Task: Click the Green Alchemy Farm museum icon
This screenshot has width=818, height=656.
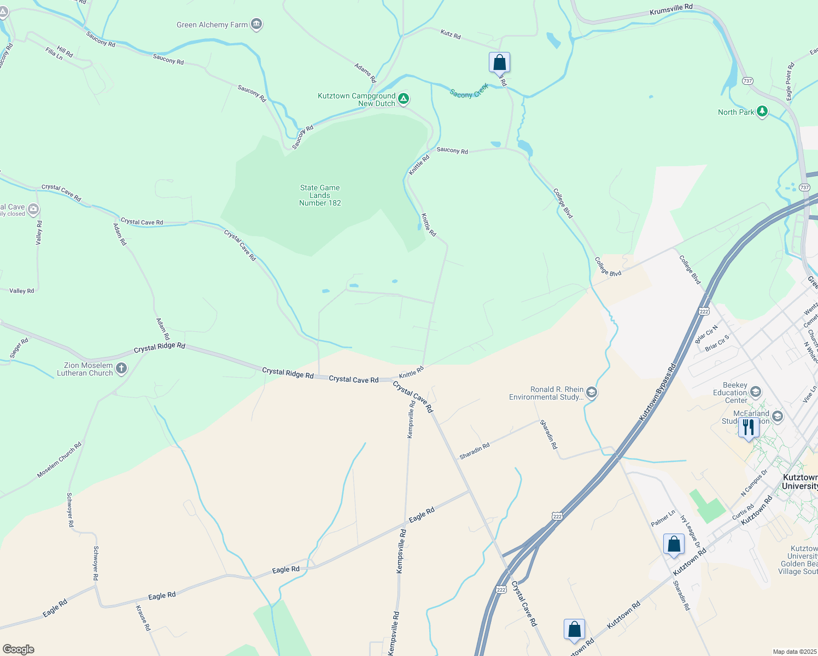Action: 256,24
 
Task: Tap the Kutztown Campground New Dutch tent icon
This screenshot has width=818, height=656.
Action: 403,99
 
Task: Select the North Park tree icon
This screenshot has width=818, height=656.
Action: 762,112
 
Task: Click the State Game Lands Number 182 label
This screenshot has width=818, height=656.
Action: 320,195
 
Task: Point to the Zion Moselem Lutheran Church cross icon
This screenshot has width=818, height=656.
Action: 121,368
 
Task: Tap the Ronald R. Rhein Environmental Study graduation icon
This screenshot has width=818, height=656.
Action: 592,393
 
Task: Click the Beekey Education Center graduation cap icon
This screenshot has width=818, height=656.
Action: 756,392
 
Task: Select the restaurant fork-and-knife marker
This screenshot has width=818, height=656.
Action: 749,427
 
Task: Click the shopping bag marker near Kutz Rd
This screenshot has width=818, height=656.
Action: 499,62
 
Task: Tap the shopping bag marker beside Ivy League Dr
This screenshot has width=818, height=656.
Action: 674,544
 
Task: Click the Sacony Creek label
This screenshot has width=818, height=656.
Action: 469,92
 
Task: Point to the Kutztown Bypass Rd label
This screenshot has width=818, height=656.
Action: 658,393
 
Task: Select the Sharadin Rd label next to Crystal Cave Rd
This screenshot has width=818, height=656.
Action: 475,451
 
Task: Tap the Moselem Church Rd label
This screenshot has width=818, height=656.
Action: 59,460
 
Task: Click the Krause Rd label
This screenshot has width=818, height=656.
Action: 143,618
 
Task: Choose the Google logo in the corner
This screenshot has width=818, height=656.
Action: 19,649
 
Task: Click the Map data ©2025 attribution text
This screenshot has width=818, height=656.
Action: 794,652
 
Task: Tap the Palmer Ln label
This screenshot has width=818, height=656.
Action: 663,518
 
